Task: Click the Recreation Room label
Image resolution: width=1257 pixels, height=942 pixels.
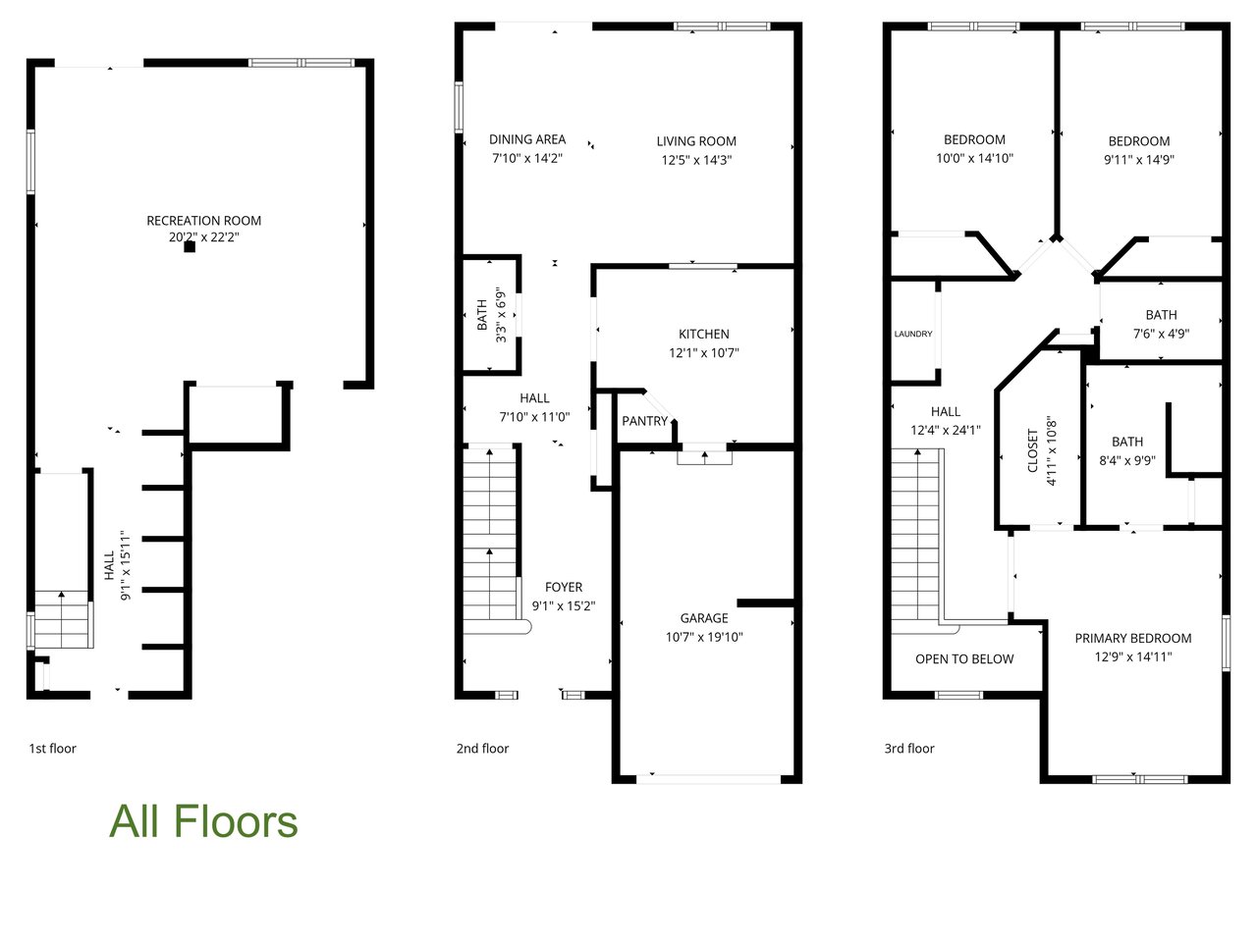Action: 204,221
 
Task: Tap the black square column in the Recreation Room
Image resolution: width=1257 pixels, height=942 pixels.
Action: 190,247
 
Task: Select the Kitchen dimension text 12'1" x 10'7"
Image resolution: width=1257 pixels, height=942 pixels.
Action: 704,353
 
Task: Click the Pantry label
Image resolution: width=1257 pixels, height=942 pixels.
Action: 645,421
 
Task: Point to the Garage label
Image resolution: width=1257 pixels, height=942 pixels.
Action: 704,618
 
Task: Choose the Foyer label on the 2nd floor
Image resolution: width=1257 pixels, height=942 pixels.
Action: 564,588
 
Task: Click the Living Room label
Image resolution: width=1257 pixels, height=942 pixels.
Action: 696,141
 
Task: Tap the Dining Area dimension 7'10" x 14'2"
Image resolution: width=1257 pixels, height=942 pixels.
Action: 527,158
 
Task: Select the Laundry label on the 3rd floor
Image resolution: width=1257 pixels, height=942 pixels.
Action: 913,334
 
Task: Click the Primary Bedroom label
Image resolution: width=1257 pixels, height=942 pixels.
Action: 1132,638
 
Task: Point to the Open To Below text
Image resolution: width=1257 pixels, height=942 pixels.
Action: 964,659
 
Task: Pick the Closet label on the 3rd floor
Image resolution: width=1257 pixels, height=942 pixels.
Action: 1032,450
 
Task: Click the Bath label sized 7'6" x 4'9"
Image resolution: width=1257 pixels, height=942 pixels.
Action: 1162,315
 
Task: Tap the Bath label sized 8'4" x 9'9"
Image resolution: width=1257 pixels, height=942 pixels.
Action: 1127,443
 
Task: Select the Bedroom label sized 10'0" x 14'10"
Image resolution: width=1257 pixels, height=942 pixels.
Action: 974,139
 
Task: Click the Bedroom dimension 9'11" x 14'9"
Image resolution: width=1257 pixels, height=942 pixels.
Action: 1139,160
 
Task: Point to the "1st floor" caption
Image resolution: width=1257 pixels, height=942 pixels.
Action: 53,748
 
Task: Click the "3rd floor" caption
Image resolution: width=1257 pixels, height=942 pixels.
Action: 909,748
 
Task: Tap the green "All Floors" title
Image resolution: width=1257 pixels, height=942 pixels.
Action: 203,822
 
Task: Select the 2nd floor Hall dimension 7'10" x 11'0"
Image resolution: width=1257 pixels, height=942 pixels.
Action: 534,417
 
